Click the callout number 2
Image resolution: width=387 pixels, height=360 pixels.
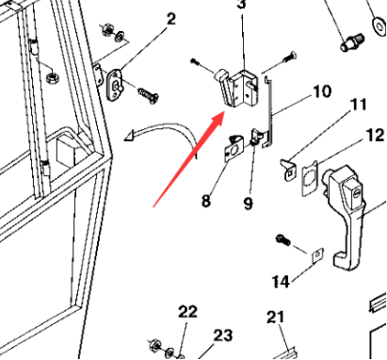[170, 19]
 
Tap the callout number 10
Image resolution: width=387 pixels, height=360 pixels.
[321, 91]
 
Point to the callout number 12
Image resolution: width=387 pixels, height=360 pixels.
[374, 136]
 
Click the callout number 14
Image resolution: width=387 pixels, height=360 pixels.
[281, 282]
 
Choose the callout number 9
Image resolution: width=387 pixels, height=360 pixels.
[249, 201]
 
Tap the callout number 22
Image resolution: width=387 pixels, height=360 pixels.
[187, 312]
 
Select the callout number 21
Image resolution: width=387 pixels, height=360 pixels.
[274, 317]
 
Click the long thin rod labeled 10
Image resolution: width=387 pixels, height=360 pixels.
[269, 113]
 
